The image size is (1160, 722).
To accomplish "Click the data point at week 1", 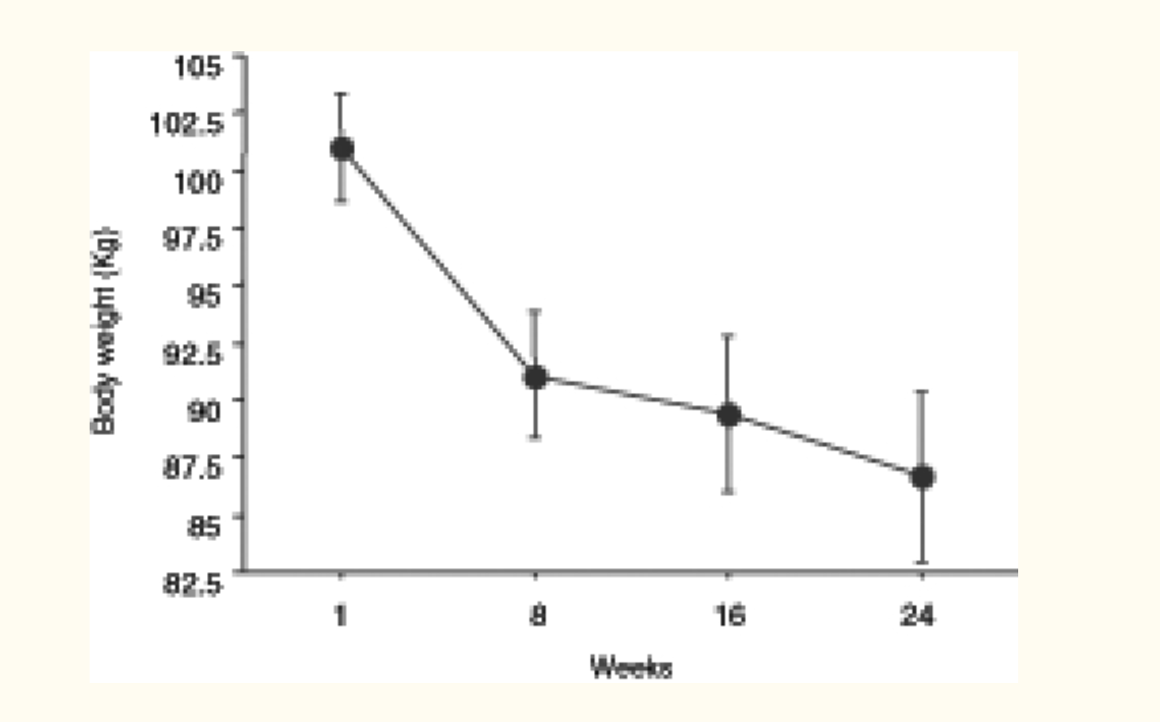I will pyautogui.click(x=342, y=148).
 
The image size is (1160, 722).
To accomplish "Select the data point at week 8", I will pyautogui.click(x=535, y=376).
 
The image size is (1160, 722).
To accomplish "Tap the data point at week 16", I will pyautogui.click(x=728, y=415).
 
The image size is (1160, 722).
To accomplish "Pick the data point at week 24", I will pyautogui.click(x=922, y=477).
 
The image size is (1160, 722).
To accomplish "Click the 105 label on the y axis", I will pyautogui.click(x=196, y=66).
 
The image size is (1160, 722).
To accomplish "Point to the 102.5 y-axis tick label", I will pyautogui.click(x=185, y=123).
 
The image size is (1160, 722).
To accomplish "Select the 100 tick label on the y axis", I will pyautogui.click(x=195, y=181).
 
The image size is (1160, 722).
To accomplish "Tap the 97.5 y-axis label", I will pyautogui.click(x=191, y=239).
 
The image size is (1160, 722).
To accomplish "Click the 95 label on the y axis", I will pyautogui.click(x=202, y=295).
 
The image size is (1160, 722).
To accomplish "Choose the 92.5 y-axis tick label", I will pyautogui.click(x=191, y=353).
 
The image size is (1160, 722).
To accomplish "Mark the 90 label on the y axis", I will pyautogui.click(x=202, y=410).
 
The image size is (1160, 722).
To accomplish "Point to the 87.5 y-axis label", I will pyautogui.click(x=191, y=468).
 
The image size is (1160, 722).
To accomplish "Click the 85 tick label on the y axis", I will pyautogui.click(x=202, y=526).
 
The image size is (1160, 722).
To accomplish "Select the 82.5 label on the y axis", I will pyautogui.click(x=191, y=583).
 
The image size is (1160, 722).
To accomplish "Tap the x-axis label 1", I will pyautogui.click(x=341, y=615).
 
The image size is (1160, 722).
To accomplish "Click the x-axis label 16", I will pyautogui.click(x=729, y=615).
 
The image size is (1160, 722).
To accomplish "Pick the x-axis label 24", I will pyautogui.click(x=917, y=615).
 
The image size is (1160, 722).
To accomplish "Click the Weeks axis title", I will pyautogui.click(x=631, y=667).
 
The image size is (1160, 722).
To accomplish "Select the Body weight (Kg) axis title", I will pyautogui.click(x=105, y=332).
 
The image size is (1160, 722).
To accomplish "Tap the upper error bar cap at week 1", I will pyautogui.click(x=342, y=95).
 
